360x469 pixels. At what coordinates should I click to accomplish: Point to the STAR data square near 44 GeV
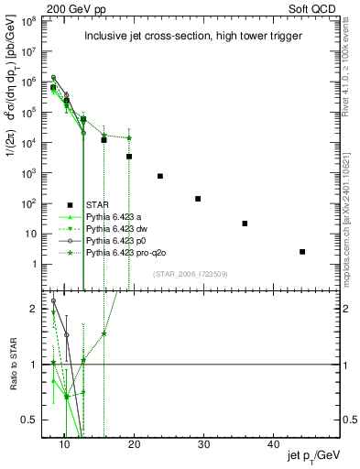pos(302,251)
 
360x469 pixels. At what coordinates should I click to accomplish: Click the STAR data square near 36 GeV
pos(245,224)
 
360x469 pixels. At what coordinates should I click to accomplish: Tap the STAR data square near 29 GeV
pos(198,199)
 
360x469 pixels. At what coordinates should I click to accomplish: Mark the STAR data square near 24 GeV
pos(160,176)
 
